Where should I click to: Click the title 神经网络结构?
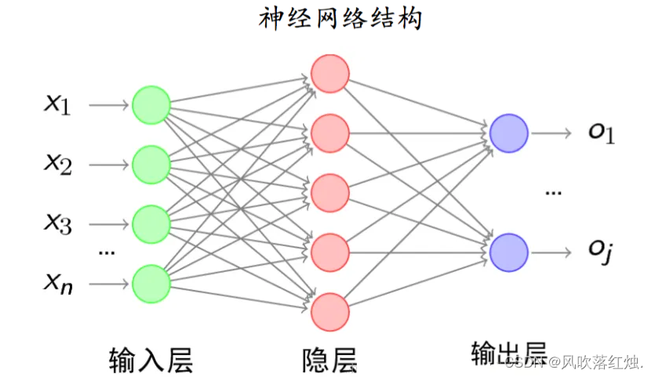[x=340, y=18]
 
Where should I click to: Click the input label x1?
[x=56, y=103]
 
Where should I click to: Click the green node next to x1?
[x=151, y=104]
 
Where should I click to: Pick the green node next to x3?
[x=151, y=224]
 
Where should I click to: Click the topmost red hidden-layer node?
[x=329, y=73]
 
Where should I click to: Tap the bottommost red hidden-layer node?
[x=329, y=312]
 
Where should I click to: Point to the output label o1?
[x=602, y=133]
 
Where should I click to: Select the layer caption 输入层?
[x=151, y=359]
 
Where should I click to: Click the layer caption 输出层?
[x=508, y=354]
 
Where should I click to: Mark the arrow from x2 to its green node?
[x=108, y=165]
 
